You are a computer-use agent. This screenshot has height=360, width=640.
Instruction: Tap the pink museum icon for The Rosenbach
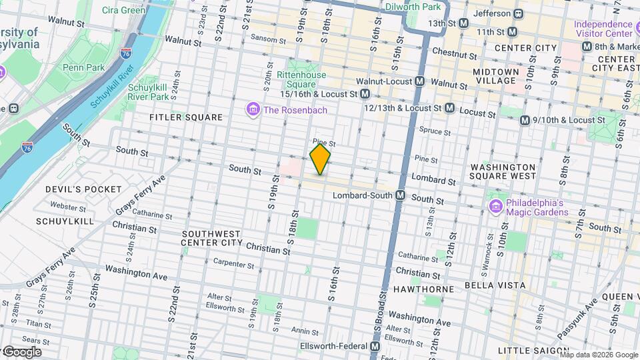pos(253,109)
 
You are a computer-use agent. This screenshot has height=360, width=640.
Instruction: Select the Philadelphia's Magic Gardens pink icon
pos(495,207)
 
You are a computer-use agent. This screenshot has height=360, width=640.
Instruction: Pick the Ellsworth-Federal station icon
pos(375,347)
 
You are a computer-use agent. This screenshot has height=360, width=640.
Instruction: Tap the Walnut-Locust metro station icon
pos(420,81)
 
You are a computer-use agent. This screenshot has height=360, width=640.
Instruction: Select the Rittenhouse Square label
pos(301,79)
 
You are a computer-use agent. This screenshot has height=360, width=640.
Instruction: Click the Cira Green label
pos(125,10)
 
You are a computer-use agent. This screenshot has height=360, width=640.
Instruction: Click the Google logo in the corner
pos(21,352)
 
